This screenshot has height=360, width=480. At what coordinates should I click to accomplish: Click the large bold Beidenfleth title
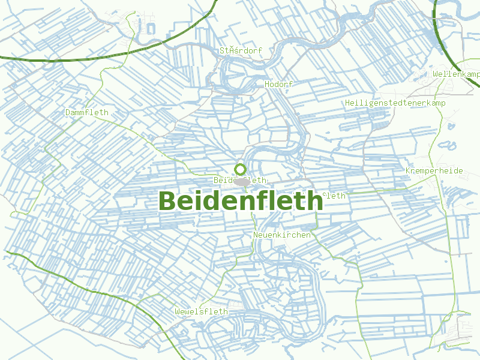coord(240,201)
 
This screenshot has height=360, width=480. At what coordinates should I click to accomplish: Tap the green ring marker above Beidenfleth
coord(240,169)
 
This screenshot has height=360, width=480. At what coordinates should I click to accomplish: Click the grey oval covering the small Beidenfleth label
coord(243,181)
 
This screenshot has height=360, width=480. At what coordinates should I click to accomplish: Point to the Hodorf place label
coord(278,85)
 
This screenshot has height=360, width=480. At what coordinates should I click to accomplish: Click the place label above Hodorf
coord(241,50)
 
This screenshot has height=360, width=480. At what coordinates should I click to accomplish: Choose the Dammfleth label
coord(86,112)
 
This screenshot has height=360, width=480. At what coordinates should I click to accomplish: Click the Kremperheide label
coord(434,171)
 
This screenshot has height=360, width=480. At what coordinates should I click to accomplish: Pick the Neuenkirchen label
coord(282,235)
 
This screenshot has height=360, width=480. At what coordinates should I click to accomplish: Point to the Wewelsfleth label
coord(201,311)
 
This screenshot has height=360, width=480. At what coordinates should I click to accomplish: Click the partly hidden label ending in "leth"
coord(335,196)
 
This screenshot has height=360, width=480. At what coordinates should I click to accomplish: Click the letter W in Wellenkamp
coord(435,74)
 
